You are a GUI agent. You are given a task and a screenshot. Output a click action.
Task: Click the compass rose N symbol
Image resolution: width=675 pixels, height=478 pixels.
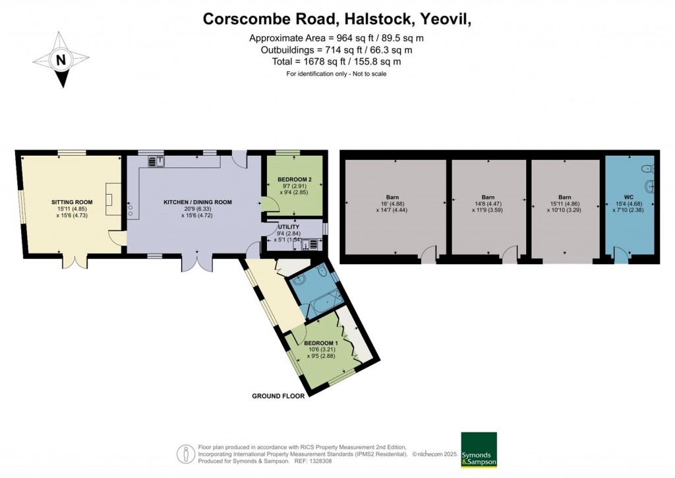coord(61,60)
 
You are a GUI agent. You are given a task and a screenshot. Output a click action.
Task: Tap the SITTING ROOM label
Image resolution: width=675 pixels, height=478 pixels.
coord(72,202)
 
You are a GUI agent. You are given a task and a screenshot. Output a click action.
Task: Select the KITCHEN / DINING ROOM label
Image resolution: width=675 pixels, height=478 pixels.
coord(198,202)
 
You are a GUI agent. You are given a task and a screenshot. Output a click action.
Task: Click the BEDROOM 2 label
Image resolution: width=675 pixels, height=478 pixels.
coord(295,180)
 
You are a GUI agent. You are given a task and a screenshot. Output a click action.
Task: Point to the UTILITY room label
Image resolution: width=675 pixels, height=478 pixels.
coord(289,226)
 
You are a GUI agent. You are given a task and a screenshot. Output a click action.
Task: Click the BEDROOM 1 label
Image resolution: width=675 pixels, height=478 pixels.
coord(321,343)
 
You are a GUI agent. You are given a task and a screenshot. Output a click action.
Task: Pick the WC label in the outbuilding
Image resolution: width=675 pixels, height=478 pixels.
coord(628,197)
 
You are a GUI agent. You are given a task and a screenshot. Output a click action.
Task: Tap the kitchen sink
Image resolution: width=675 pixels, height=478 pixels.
coord(157,162)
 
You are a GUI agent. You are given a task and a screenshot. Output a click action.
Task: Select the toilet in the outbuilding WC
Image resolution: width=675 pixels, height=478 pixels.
coord(647,168)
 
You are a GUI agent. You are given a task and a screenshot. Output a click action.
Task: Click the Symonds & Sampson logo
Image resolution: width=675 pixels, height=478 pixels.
coord(479,450)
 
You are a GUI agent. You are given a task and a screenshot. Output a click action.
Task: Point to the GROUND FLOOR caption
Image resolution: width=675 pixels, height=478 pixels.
coord(278,395)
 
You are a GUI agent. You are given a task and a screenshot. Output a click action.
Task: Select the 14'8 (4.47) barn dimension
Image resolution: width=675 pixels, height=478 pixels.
coord(488,204)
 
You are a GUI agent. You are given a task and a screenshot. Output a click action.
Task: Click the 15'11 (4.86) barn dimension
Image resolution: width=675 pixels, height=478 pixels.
coord(565,204)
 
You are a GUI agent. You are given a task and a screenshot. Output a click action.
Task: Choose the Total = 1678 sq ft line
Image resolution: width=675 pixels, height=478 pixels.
coord(336,61)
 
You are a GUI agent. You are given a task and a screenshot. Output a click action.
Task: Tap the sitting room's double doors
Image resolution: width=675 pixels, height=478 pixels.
coord(75,261)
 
